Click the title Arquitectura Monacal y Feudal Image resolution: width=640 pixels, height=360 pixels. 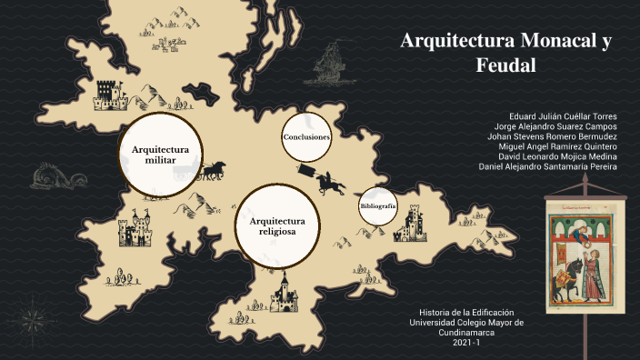(506, 54)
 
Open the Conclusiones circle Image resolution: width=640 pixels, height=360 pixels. (305, 136)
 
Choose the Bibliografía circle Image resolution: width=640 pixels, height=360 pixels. (377, 207)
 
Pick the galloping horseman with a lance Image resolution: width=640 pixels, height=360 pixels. (329, 180)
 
